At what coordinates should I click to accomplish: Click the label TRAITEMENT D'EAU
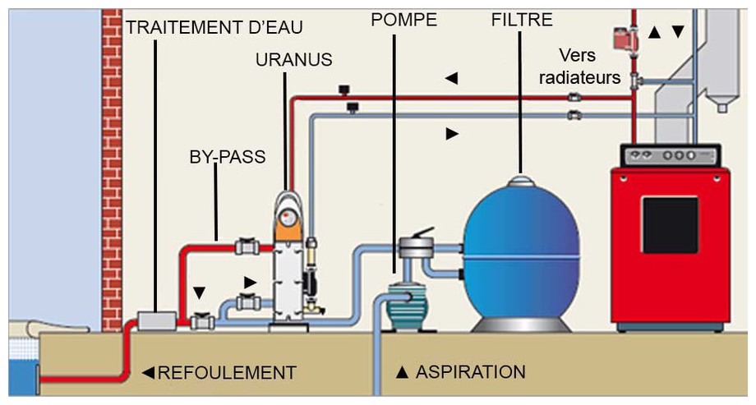tap(214, 28)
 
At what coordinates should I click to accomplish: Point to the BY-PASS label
tap(227, 157)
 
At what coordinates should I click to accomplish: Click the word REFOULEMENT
tap(226, 373)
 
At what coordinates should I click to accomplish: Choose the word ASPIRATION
tap(471, 372)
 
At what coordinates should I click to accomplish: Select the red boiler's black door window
tap(670, 223)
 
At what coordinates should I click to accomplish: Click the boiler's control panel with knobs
tap(670, 154)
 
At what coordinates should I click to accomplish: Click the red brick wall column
tap(112, 164)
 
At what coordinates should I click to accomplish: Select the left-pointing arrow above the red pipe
tap(450, 79)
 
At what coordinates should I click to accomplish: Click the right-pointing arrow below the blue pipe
tap(451, 133)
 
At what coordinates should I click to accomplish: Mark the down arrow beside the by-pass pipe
tap(198, 292)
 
